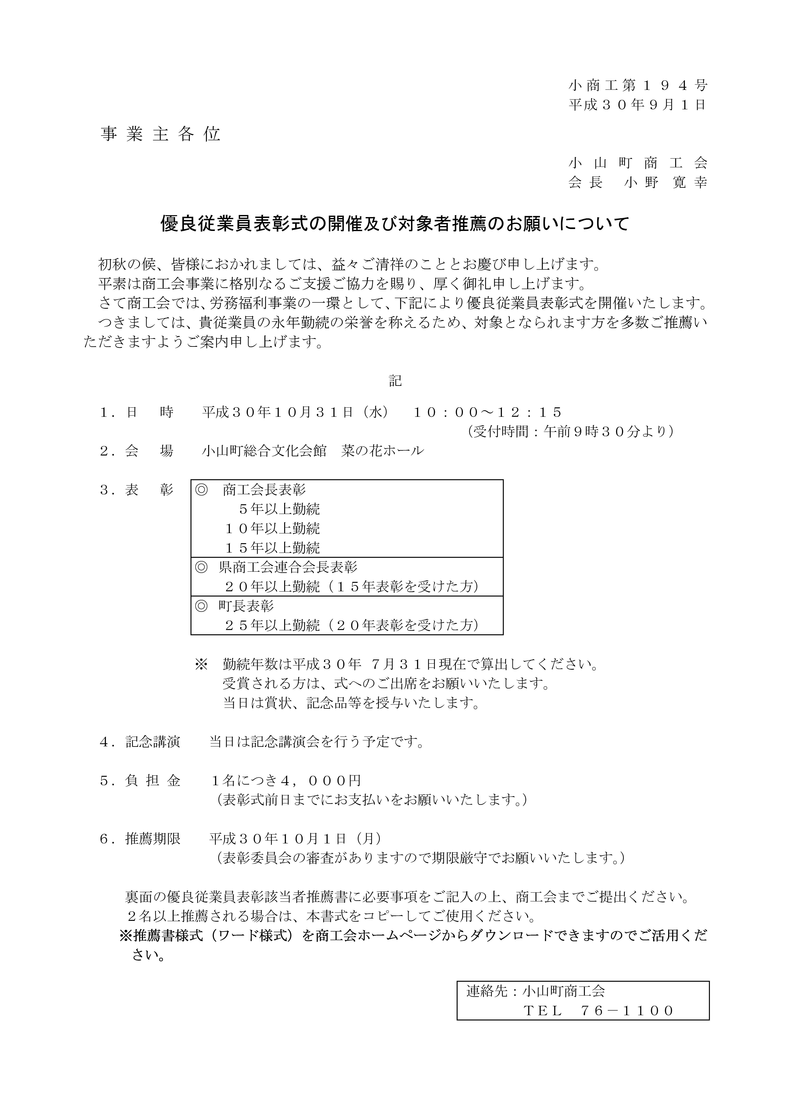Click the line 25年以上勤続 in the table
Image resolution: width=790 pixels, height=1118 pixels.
[x=273, y=625]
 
